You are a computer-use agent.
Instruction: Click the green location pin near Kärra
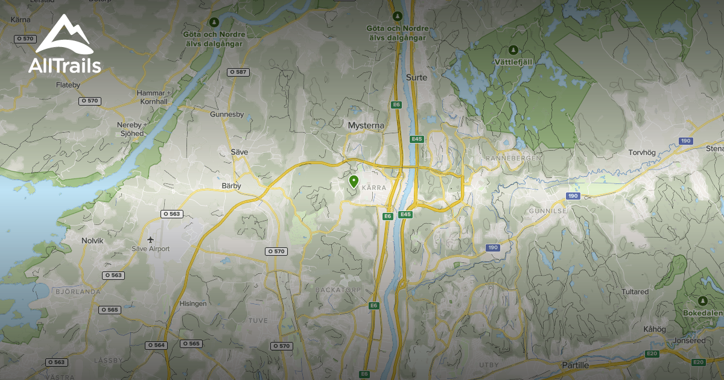(354, 181)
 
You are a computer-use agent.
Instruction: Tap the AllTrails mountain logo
(63, 36)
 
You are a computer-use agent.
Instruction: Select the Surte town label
(416, 77)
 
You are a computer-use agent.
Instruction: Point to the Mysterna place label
(366, 125)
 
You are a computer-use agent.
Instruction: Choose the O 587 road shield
(238, 72)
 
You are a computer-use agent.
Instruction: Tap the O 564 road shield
(156, 345)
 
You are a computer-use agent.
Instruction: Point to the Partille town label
(575, 365)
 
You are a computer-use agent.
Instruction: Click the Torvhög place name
(642, 153)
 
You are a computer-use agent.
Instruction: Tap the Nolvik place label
(92, 241)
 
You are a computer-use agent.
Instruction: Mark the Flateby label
(68, 85)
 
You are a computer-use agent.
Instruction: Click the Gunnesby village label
(227, 114)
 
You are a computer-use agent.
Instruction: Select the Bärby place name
(231, 186)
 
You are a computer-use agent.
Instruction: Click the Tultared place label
(635, 291)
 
